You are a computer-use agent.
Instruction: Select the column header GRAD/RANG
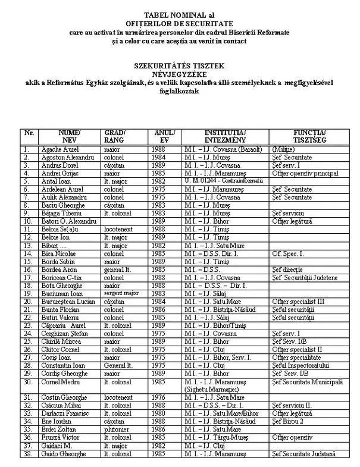pyautogui.click(x=115, y=136)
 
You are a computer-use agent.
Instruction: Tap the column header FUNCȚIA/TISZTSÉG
pyautogui.click(x=309, y=136)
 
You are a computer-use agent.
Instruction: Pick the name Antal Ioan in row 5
pyautogui.click(x=54, y=181)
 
